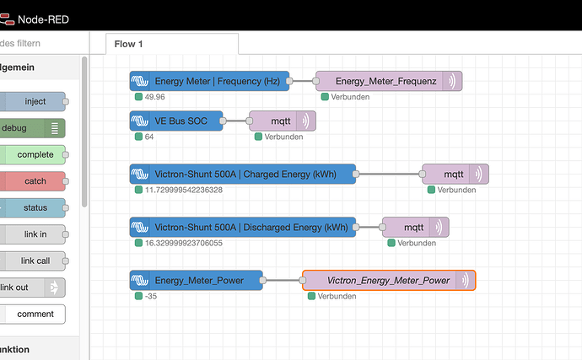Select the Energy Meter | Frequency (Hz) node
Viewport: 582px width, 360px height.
[x=209, y=81]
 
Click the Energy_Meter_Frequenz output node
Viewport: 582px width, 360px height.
[x=389, y=81]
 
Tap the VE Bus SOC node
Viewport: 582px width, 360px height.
[x=176, y=121]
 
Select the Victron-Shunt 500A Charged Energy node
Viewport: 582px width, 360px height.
[x=243, y=174]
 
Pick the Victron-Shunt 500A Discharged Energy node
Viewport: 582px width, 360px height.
[x=243, y=227]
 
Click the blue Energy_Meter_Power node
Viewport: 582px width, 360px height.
[x=196, y=280]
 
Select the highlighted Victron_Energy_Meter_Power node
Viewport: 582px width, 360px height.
[x=389, y=280]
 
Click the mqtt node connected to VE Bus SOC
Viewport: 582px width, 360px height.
[x=283, y=121]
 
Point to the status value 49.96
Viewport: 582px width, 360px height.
[x=155, y=97]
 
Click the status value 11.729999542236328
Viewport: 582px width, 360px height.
[x=184, y=190]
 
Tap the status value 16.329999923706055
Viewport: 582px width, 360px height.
[x=184, y=243]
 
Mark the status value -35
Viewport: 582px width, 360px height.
[x=151, y=296]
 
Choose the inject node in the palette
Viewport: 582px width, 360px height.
[x=33, y=101]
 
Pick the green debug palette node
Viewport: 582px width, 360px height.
[x=33, y=128]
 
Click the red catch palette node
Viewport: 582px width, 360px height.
[x=33, y=181]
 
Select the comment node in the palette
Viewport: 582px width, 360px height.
[x=33, y=314]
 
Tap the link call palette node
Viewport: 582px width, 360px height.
[x=33, y=261]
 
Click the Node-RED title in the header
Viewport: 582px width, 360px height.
[x=43, y=19]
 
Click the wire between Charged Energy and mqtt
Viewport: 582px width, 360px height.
[x=389, y=174]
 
